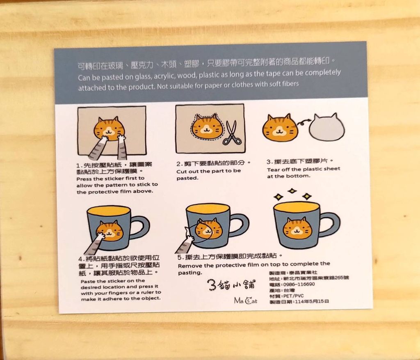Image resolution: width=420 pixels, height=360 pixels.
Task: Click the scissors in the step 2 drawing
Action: click(x=232, y=133)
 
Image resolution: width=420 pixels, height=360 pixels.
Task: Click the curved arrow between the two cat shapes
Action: click(x=303, y=123)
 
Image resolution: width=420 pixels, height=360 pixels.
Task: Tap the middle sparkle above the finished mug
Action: click(x=292, y=191)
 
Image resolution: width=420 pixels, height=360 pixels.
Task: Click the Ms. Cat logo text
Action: click(x=245, y=300)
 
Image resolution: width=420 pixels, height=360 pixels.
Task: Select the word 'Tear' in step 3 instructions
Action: click(x=273, y=170)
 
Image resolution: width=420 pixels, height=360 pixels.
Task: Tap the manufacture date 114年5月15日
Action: click(x=312, y=302)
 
